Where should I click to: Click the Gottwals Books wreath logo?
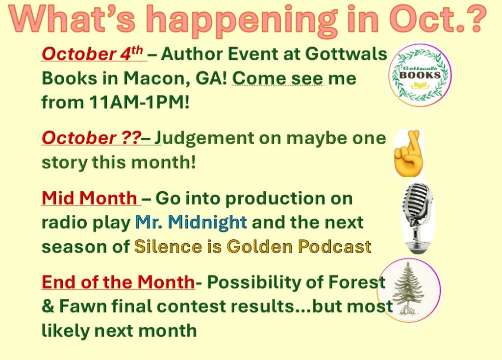[420, 75]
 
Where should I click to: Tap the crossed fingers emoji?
[408, 153]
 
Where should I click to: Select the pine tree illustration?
[409, 290]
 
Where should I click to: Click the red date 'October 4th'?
[92, 53]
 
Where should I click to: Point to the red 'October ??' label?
[91, 138]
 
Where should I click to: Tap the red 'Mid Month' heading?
[89, 198]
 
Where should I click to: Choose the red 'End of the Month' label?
[118, 282]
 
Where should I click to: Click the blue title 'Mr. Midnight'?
[191, 222]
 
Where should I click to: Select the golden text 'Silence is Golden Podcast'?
[252, 247]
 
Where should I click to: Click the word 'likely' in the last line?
[65, 331]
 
